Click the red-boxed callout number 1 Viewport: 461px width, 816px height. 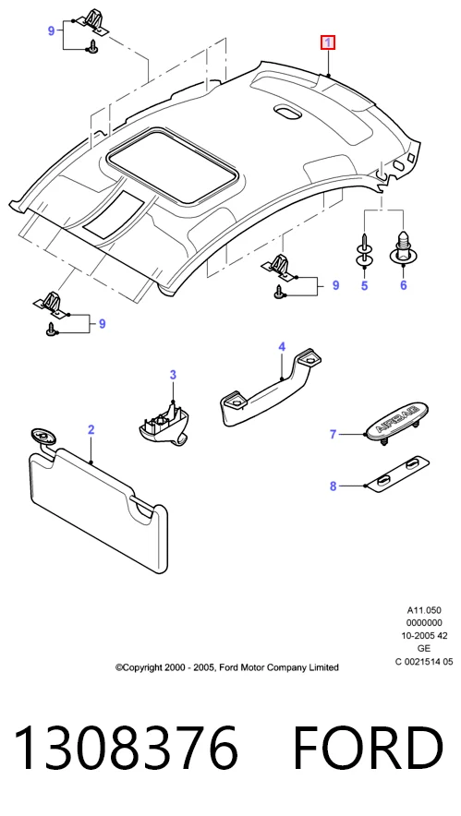click(328, 42)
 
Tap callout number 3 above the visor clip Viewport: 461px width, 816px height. click(173, 375)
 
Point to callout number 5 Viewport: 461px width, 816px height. click(365, 285)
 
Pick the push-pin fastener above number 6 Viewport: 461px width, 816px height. click(402, 247)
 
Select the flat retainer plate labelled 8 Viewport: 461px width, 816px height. click(398, 473)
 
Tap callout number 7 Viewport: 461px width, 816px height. click(334, 434)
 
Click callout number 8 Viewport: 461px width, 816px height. click(334, 486)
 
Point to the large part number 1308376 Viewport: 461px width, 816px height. click(126, 748)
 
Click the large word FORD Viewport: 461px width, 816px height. click(369, 748)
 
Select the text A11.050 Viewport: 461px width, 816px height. click(424, 610)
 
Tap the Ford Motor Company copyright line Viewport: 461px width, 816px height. click(227, 667)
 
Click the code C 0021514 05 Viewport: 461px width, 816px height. click(424, 662)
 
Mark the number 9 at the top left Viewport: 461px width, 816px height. click(51, 31)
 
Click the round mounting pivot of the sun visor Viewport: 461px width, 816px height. click(42, 435)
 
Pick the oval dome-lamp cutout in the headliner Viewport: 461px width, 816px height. click(286, 112)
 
